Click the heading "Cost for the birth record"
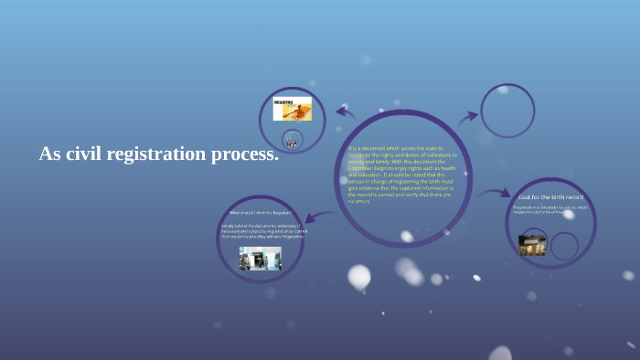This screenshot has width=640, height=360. (550, 197)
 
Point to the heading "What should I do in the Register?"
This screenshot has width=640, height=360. (260, 213)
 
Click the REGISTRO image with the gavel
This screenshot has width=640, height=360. (292, 110)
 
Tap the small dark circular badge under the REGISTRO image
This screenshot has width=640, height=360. (292, 140)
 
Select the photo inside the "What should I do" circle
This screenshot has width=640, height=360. (260, 259)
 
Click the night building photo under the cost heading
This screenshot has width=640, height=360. (532, 244)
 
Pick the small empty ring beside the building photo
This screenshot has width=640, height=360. (564, 246)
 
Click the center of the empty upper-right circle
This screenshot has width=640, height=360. (507, 111)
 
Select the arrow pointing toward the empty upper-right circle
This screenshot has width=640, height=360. (467, 117)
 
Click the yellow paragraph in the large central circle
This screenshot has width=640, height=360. (402, 175)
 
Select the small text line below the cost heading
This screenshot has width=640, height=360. (549, 209)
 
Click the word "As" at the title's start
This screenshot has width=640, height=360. (49, 154)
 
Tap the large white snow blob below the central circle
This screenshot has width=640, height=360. (359, 276)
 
